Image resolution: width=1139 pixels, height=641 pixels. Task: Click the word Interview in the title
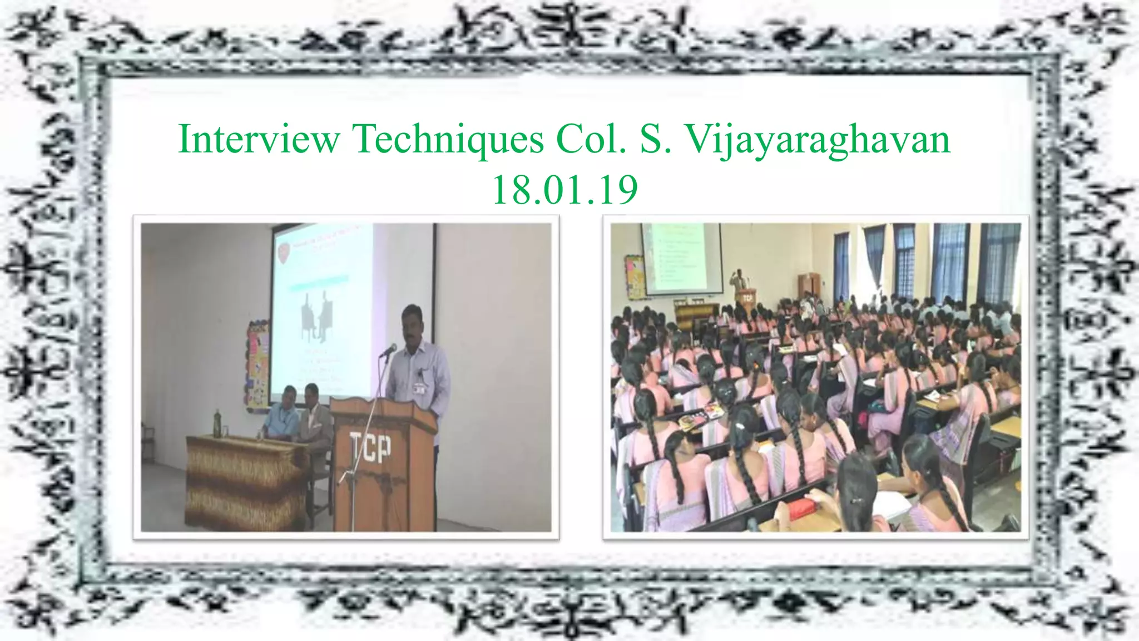[x=259, y=139]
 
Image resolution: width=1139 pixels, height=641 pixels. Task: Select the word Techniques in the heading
[x=448, y=139]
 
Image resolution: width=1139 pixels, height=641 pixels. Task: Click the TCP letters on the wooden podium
[x=370, y=448]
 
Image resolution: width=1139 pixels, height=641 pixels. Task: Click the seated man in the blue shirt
[x=278, y=415]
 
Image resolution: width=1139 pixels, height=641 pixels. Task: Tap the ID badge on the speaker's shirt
[x=419, y=389]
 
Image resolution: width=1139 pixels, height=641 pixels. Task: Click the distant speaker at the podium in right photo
[x=739, y=282]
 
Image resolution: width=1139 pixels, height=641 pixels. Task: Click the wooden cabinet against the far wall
[x=809, y=287]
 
